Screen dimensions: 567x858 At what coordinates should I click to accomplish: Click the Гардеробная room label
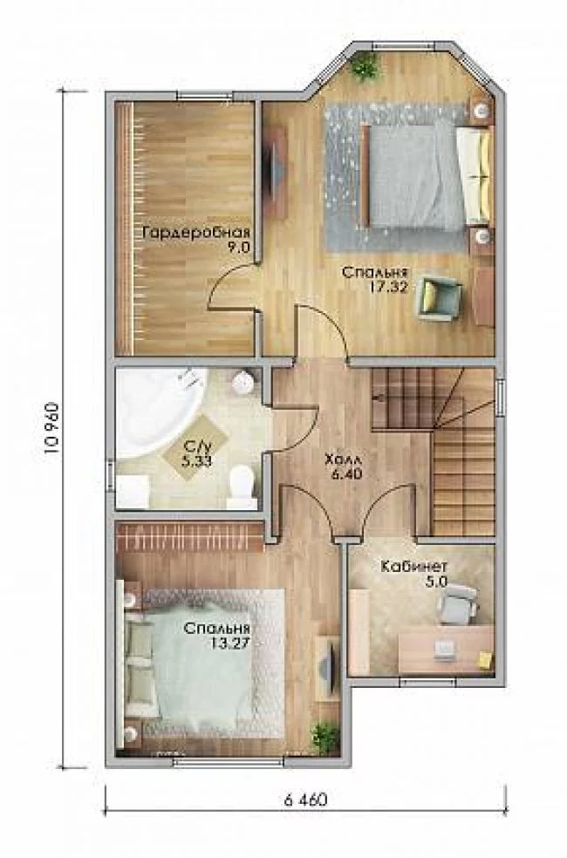click(x=196, y=232)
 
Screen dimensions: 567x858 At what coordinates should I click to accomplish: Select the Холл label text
click(x=343, y=459)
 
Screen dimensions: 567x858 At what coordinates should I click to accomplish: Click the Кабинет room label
click(x=414, y=566)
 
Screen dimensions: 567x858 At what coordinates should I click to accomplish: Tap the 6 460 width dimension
click(x=305, y=800)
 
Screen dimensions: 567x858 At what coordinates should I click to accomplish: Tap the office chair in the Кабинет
click(x=458, y=603)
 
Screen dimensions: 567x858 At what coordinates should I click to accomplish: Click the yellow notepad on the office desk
click(x=485, y=658)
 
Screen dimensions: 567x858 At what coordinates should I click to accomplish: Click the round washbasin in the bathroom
click(x=243, y=382)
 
